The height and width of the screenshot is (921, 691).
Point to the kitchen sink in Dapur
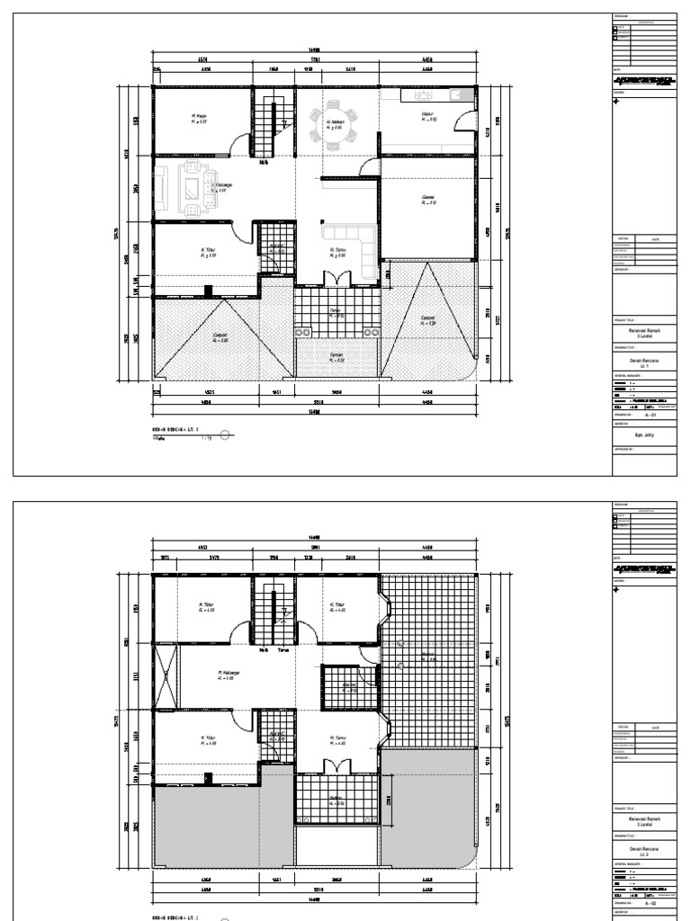[x=421, y=94]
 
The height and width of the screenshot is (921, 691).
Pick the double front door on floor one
[x=335, y=277]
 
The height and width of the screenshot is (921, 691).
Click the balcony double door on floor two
[x=335, y=766]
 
